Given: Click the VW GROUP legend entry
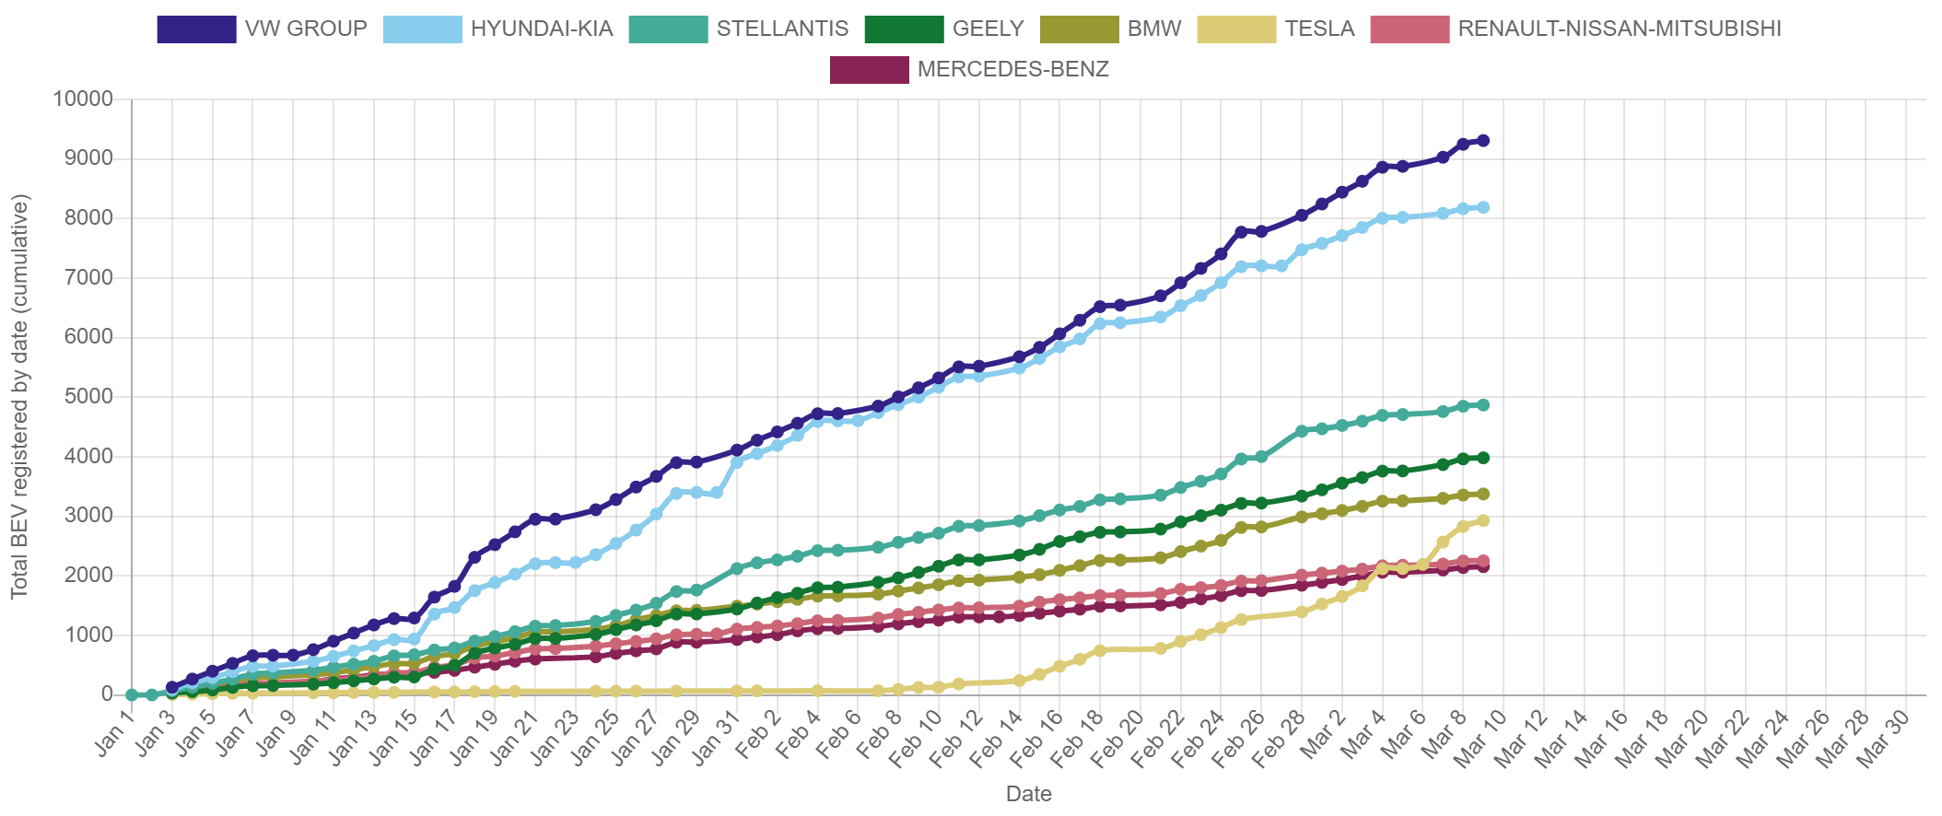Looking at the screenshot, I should coord(263,29).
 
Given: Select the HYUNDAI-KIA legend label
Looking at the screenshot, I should coord(541,29).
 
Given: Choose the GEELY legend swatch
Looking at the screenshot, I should coord(904,29).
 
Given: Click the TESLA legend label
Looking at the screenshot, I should coord(1319,29).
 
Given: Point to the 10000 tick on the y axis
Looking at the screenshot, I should coord(83,99).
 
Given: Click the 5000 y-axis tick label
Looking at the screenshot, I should coord(88,396).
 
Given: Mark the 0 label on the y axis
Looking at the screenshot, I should coord(107,694).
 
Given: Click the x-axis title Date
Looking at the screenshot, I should coord(1028,794).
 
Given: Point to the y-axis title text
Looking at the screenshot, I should coord(20,396).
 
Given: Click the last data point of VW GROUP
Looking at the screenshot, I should coord(1483,141).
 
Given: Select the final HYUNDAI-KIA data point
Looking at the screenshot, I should coord(1483,208).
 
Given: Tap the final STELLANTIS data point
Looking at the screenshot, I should coord(1483,405).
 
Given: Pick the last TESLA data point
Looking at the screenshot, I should coord(1483,520).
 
